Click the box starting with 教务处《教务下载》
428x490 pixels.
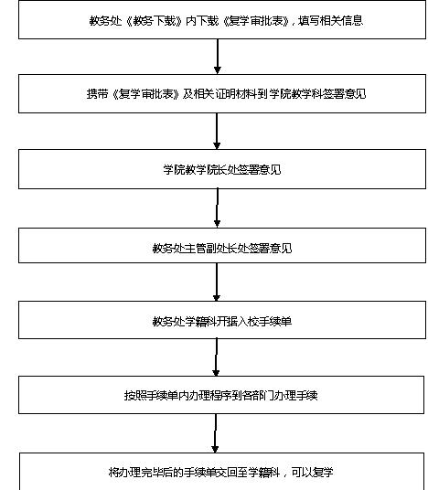(222, 20)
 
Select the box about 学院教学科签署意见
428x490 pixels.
(222, 94)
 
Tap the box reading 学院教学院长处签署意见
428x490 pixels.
(222, 169)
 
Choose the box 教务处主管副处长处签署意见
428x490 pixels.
(222, 245)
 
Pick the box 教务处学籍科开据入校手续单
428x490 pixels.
(222, 320)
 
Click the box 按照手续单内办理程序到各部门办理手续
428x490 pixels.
(221, 395)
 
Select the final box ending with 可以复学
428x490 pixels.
(221, 471)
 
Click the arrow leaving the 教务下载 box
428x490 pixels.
(218, 57)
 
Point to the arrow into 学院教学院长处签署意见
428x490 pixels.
(217, 132)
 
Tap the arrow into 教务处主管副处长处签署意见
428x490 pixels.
(218, 208)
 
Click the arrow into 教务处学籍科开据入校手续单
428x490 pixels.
(217, 282)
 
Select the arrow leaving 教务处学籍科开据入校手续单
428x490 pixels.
(216, 357)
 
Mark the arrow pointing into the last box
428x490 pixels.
(215, 433)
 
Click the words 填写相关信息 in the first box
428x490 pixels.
(330, 21)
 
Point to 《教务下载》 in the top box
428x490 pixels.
(154, 21)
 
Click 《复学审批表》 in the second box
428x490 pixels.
(145, 94)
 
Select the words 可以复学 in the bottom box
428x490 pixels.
(313, 472)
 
